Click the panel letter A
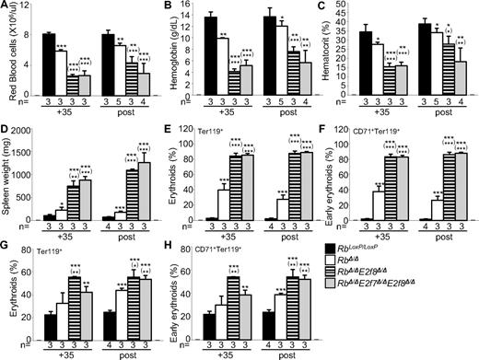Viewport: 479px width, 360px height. coord(6,6)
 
